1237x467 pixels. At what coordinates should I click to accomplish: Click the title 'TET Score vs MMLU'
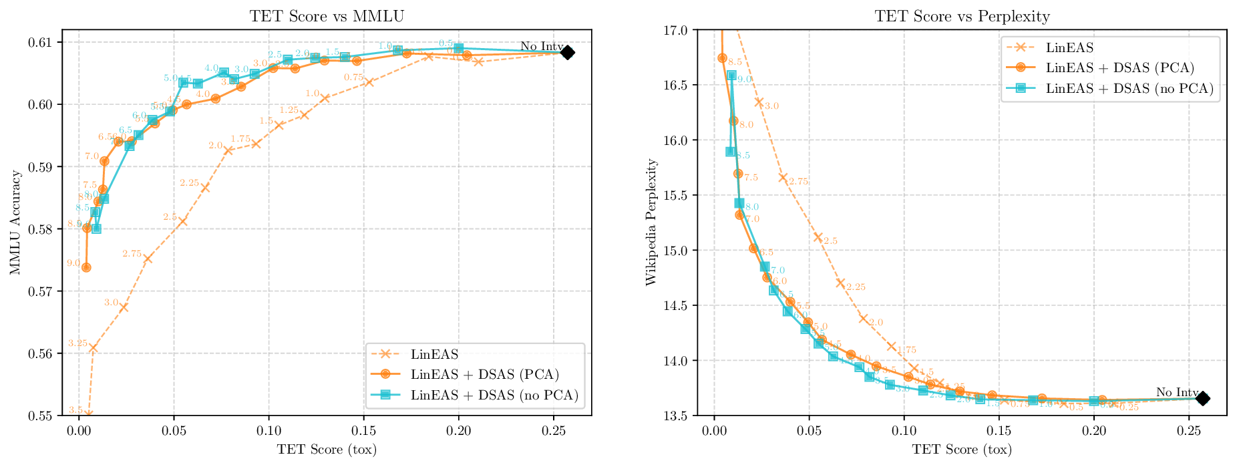[327, 16]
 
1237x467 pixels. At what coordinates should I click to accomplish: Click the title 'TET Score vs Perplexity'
[962, 16]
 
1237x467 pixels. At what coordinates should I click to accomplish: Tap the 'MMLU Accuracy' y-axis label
[15, 222]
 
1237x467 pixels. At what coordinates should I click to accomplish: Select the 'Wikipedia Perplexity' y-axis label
[651, 222]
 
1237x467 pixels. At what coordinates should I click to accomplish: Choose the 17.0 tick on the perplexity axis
[679, 30]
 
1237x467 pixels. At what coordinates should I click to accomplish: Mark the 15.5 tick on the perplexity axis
[679, 195]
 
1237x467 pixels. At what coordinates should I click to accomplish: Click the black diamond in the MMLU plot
[567, 53]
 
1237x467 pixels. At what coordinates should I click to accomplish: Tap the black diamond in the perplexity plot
[1202, 398]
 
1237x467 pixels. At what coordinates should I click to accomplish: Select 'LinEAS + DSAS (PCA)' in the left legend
[485, 374]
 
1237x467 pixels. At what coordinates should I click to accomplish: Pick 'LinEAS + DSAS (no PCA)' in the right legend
[1129, 88]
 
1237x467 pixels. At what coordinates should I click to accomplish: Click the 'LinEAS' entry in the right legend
[1069, 47]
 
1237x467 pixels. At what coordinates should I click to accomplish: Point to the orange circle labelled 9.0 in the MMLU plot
[86, 267]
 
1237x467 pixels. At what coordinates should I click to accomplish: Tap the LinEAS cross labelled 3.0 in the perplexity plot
[759, 102]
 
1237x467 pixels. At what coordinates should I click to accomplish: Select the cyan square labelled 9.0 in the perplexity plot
[731, 75]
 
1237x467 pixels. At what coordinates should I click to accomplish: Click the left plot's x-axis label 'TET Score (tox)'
[327, 450]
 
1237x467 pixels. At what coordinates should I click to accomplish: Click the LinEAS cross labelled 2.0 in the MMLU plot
[228, 150]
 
